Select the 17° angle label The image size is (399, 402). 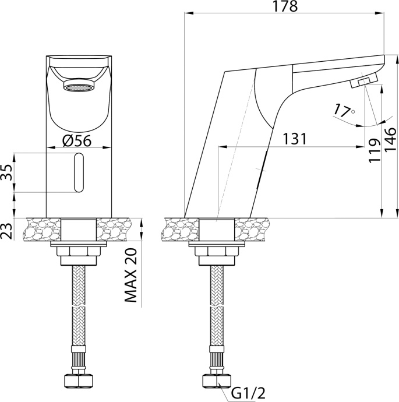tap(344, 110)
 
